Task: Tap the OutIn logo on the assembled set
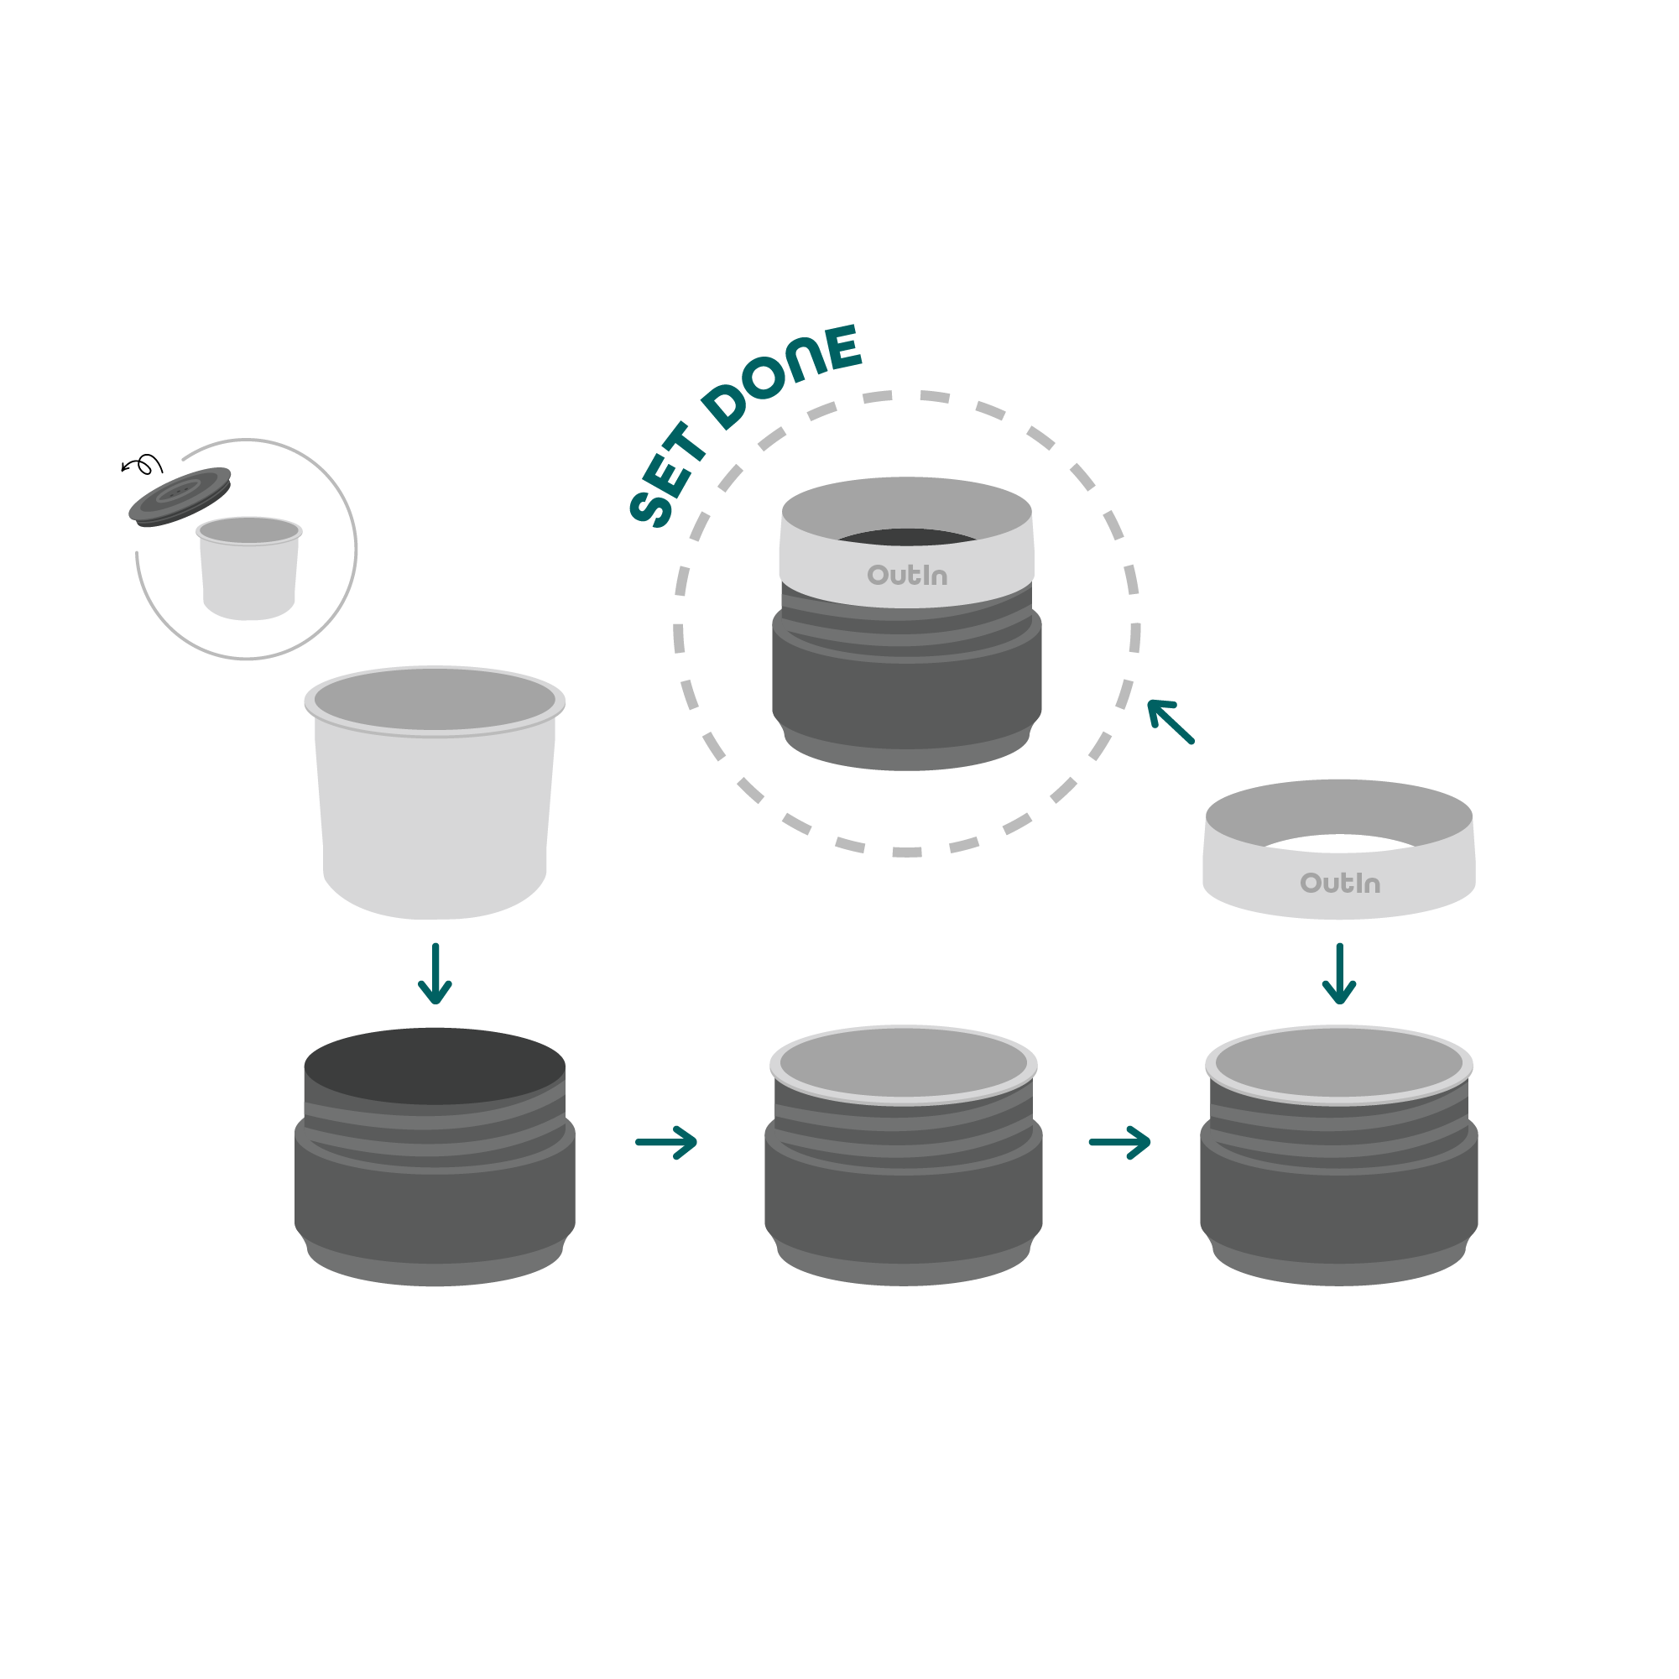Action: click(x=906, y=576)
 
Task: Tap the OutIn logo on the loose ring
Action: click(x=1339, y=883)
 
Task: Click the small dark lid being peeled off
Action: click(x=180, y=495)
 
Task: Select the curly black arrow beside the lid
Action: click(x=143, y=466)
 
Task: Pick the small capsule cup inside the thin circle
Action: click(x=249, y=574)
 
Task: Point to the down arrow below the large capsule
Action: click(x=435, y=973)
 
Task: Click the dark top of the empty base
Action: click(x=435, y=1066)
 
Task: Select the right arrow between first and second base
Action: click(x=666, y=1142)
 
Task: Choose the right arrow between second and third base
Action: click(x=1119, y=1142)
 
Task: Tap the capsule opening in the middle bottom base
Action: click(x=904, y=1064)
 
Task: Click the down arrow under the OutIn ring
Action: click(x=1339, y=973)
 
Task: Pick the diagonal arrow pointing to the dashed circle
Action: click(x=1170, y=722)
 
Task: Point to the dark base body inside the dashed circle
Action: click(x=906, y=696)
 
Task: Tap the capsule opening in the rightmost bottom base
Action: click(x=1339, y=1064)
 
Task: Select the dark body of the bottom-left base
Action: click(x=435, y=1208)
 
